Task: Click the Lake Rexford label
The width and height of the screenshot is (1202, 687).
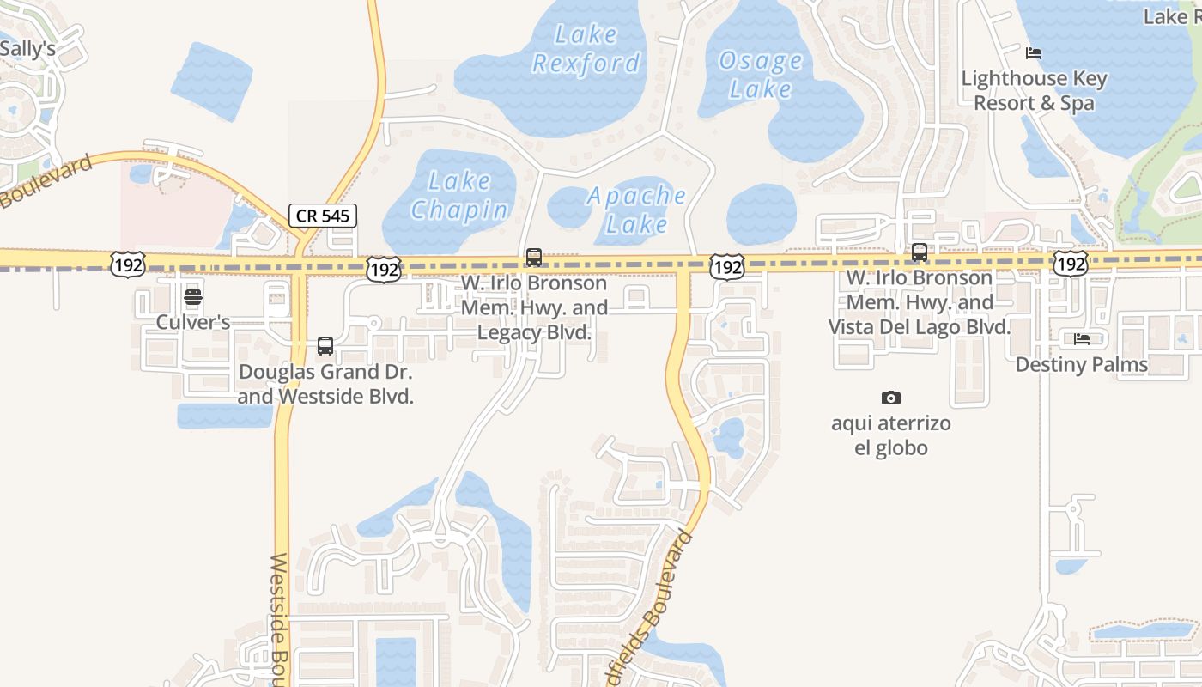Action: tap(586, 49)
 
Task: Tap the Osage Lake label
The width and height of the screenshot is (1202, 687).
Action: tap(761, 75)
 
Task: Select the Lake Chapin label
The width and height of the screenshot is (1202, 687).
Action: tap(459, 196)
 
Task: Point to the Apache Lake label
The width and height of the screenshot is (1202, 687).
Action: tap(636, 210)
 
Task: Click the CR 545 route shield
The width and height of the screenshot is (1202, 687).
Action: tap(323, 216)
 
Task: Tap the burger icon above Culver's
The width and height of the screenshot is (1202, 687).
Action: tap(193, 299)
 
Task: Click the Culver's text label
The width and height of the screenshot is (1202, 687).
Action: tap(193, 322)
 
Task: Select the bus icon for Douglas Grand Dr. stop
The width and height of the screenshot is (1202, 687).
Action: tap(325, 346)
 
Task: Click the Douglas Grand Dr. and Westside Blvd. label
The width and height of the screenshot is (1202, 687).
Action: tap(325, 385)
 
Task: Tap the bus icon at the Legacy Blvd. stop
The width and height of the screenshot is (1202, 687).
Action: tap(534, 257)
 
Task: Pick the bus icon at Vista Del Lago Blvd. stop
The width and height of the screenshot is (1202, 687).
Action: tap(920, 252)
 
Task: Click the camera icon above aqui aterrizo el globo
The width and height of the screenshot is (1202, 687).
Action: tap(891, 398)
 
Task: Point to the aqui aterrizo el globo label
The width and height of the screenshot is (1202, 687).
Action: tap(891, 435)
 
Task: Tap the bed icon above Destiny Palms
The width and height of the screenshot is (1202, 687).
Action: tap(1082, 339)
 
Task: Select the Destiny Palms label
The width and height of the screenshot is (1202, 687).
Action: tap(1082, 364)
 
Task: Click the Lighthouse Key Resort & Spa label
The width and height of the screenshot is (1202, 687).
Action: tap(1034, 90)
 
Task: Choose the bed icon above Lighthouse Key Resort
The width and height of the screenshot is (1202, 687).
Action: tap(1034, 53)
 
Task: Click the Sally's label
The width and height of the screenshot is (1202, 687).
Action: tap(27, 49)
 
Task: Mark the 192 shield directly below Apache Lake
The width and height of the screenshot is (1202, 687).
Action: tap(726, 268)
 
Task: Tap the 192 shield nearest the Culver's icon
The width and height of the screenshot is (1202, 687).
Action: tap(127, 265)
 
